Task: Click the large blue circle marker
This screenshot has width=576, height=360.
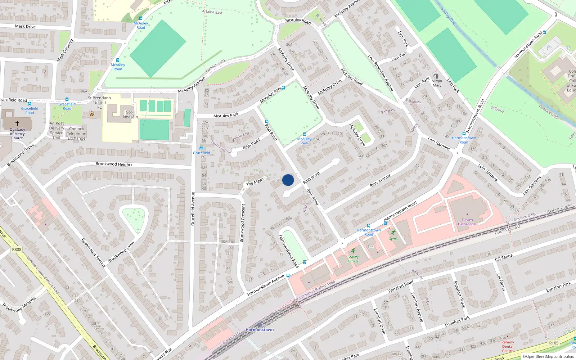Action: (288, 180)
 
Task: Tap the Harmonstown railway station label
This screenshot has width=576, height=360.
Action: (260, 329)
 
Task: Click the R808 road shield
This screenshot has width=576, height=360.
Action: (17, 249)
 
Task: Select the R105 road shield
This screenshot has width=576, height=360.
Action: (554, 343)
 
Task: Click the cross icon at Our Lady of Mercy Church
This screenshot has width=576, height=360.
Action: (17, 123)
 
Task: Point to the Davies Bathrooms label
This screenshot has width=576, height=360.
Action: (467, 222)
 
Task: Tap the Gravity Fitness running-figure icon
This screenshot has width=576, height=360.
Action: (353, 251)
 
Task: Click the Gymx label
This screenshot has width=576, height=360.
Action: (393, 239)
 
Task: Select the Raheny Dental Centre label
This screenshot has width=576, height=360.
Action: (508, 346)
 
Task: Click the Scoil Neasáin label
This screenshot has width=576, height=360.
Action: (130, 114)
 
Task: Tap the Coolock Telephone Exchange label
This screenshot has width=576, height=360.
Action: (77, 133)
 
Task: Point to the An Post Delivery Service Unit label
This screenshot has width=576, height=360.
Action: (57, 130)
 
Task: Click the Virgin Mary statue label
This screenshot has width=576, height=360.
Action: (437, 83)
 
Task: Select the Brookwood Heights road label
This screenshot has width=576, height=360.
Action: (114, 164)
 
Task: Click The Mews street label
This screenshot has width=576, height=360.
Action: (255, 182)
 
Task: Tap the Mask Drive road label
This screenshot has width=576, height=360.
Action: (25, 26)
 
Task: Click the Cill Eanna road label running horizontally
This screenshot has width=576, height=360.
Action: (504, 257)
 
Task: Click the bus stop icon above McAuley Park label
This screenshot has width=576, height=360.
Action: (304, 134)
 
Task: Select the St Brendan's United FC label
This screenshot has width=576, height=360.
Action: (99, 102)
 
